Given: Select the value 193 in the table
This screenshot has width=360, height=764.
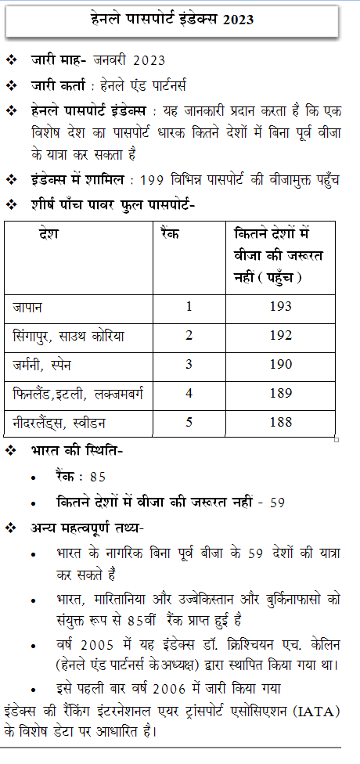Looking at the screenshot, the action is coord(280,306).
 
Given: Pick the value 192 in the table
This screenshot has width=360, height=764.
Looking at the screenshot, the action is coord(280,335).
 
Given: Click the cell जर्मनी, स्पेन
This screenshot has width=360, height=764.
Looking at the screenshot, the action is coord(48,364).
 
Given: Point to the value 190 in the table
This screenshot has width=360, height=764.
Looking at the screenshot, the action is coord(280,364).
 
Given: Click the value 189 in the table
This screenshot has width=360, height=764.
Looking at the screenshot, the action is coord(280,393).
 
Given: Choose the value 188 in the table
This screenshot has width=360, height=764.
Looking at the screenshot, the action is coord(280,423).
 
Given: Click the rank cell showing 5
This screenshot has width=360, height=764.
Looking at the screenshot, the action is coord(189,423).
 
